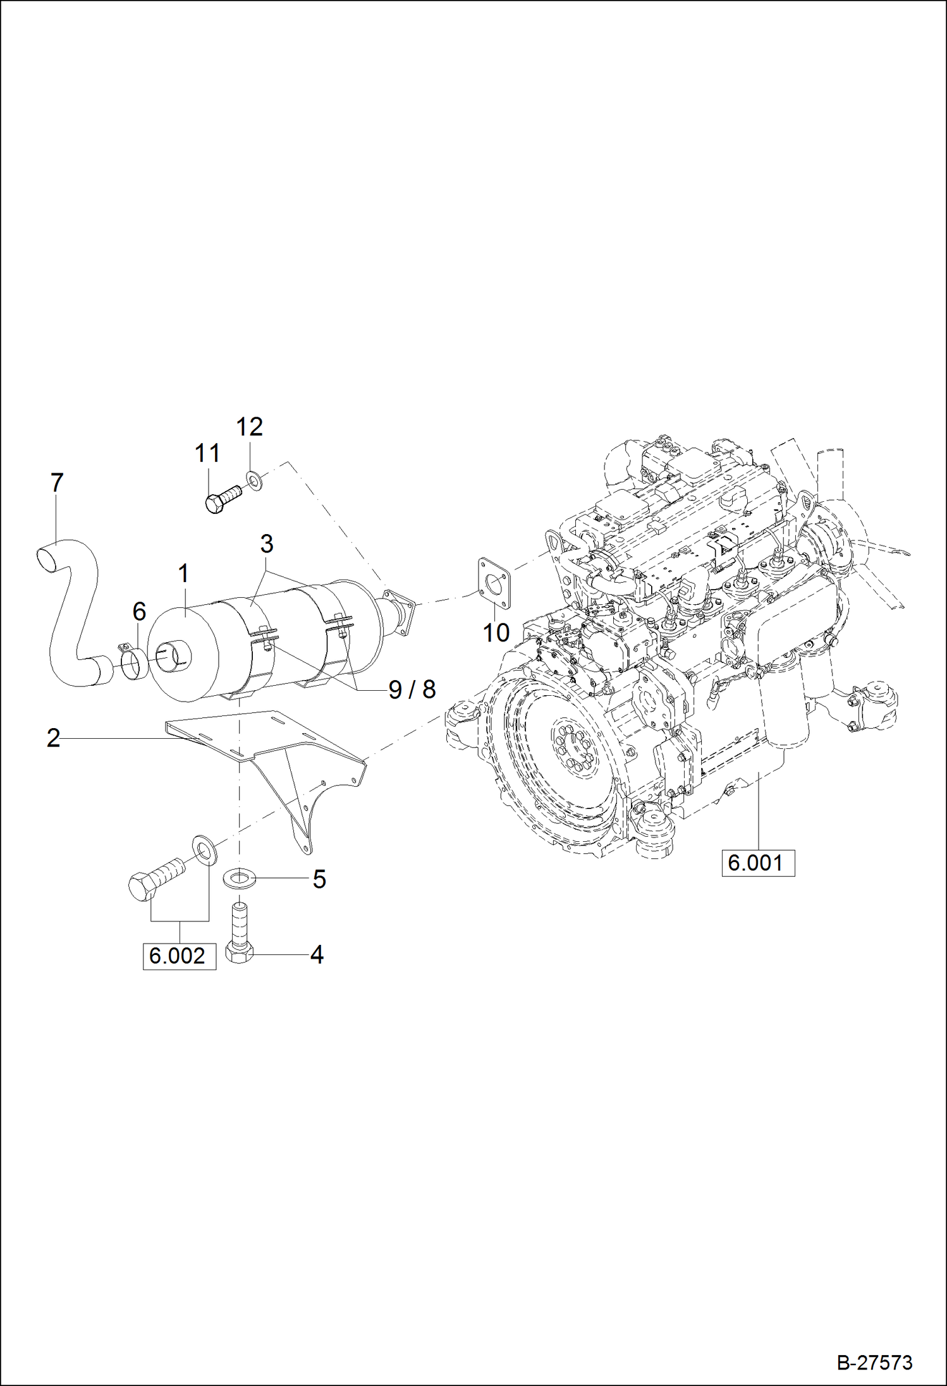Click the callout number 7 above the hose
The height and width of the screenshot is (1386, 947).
(x=57, y=483)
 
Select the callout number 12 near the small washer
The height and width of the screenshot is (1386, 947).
(x=249, y=427)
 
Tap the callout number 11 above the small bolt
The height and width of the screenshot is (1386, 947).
(x=207, y=453)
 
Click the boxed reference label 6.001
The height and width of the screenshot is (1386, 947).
(x=757, y=862)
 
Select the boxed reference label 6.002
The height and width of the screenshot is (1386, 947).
(x=179, y=955)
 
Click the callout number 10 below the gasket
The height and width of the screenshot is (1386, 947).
(x=496, y=632)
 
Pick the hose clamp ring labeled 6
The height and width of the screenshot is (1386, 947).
(x=133, y=664)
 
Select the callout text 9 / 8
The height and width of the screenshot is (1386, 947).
(x=412, y=690)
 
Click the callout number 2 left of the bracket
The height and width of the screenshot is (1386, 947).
(x=54, y=738)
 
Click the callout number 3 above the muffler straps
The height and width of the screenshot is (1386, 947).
(x=267, y=544)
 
